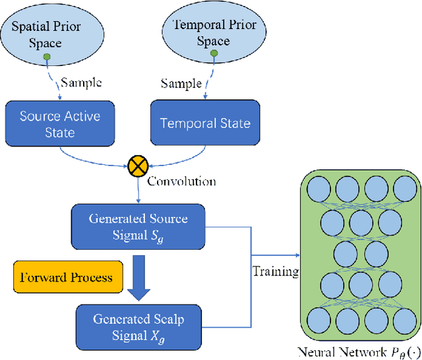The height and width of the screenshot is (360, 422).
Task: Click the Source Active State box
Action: pos(59,123)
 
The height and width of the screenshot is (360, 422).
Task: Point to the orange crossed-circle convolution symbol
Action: pos(137,167)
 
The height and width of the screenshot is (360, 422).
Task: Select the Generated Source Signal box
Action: pos(138,225)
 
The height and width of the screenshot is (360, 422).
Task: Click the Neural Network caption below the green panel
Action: pos(357,350)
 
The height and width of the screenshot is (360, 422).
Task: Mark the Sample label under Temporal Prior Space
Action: pos(182,84)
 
